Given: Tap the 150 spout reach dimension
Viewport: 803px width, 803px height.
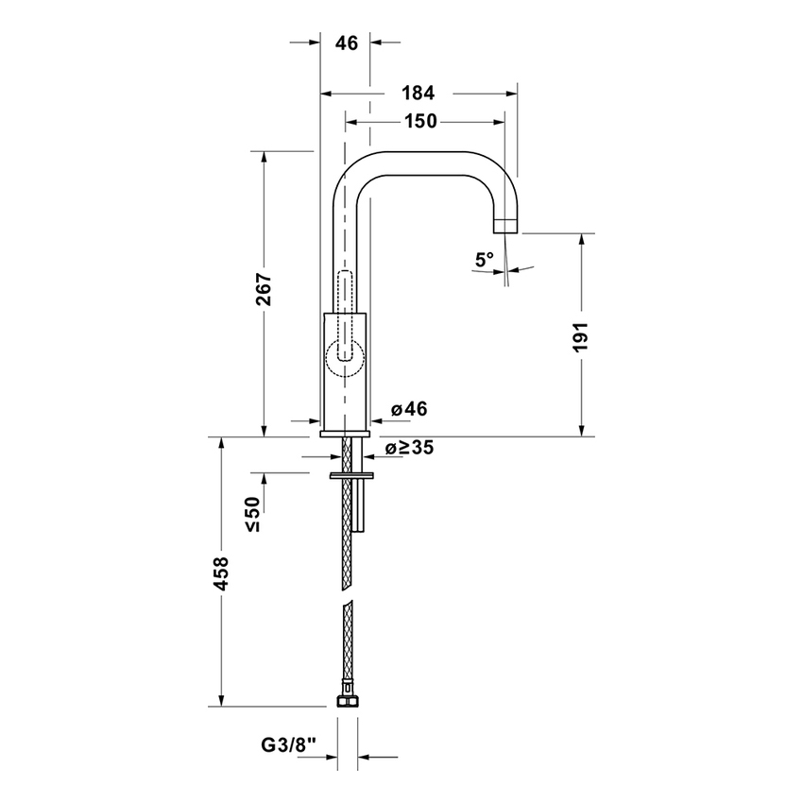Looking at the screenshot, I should click(x=419, y=121).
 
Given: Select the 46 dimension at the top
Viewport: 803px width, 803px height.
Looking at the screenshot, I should click(x=346, y=42).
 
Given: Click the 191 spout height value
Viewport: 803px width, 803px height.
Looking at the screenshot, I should click(x=581, y=336).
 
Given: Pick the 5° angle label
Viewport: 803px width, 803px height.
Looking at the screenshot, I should click(x=485, y=259).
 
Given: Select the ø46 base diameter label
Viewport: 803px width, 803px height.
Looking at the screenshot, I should click(x=408, y=409).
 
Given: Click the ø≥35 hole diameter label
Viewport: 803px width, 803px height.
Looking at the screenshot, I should click(x=408, y=448).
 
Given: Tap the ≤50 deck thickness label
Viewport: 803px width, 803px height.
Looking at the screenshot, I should click(x=253, y=514).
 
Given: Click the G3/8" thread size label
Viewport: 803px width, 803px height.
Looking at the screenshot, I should click(x=290, y=747).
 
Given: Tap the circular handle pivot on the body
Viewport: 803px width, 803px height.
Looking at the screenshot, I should click(x=345, y=356).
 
